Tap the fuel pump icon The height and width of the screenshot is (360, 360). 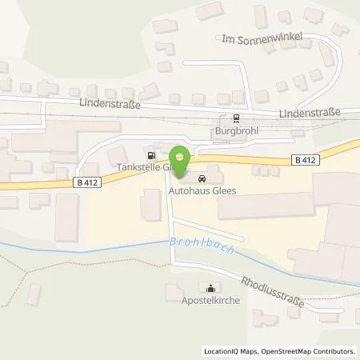[x=150, y=154]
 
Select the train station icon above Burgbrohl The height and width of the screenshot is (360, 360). [x=226, y=118]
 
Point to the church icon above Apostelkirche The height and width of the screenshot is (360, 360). [x=210, y=290]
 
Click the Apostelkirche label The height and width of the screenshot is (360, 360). [x=210, y=303]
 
